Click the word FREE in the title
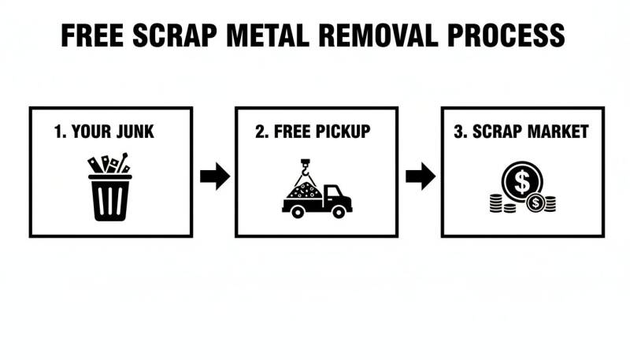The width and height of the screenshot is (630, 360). tap(92, 35)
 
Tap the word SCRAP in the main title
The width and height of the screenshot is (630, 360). tap(175, 35)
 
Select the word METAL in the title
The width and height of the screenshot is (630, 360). tap(268, 35)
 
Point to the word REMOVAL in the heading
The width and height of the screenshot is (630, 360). tap(378, 35)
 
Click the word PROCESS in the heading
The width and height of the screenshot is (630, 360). tap(506, 35)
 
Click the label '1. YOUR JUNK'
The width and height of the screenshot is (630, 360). tap(104, 132)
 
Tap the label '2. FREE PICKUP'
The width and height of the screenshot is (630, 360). tap(313, 132)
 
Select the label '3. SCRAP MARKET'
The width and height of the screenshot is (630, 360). tap(521, 132)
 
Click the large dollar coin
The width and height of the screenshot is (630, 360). tap(522, 182)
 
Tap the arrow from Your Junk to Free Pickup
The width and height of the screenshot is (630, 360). tap(215, 176)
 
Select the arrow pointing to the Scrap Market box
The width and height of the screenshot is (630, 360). tap(421, 176)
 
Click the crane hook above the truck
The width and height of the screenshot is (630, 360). tap(306, 170)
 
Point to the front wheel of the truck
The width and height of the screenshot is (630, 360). tap(339, 212)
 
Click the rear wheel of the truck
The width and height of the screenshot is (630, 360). tap(298, 212)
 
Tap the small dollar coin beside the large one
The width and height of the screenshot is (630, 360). tap(535, 203)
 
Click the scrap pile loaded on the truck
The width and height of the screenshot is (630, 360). tap(305, 191)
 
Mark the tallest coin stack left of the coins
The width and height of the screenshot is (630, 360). tap(496, 203)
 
